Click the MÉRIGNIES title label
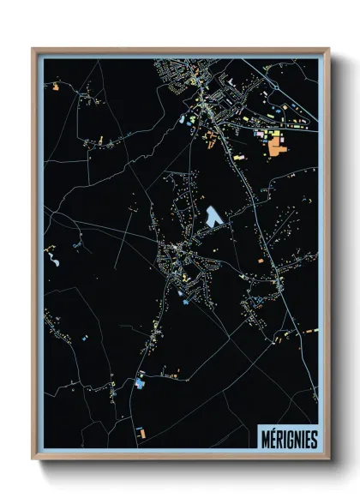click(x=287, y=438)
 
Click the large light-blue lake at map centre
click(x=213, y=215)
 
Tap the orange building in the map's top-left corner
click(x=56, y=87)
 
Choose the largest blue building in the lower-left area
click(x=140, y=384)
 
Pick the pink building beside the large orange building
click(x=261, y=135)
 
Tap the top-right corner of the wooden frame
click(x=329, y=49)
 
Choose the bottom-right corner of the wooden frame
click(x=329, y=459)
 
